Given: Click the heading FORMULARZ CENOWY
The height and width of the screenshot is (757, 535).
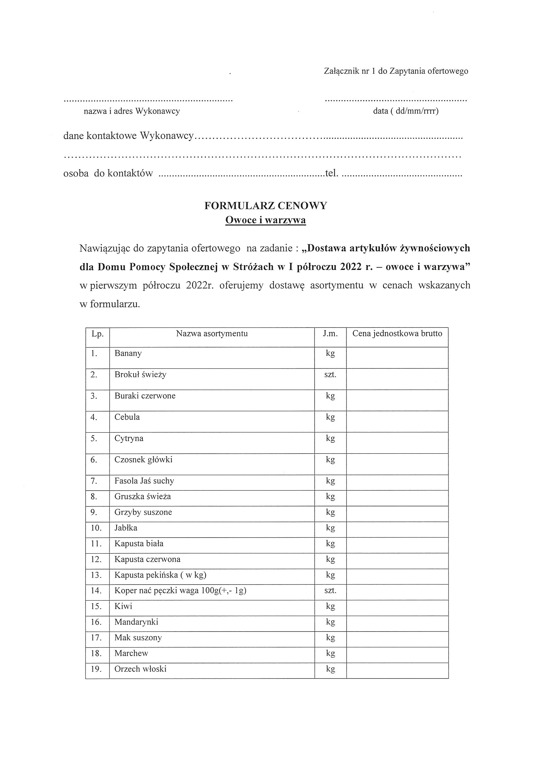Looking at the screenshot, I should pyautogui.click(x=266, y=206).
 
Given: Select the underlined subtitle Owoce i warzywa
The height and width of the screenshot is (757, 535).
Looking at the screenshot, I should pyautogui.click(x=266, y=220).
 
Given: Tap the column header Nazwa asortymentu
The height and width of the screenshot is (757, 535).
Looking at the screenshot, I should pyautogui.click(x=212, y=334).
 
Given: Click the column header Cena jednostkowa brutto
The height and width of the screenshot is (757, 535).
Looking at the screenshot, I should pyautogui.click(x=397, y=334).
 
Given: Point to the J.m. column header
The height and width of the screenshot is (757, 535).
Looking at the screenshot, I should pyautogui.click(x=330, y=334).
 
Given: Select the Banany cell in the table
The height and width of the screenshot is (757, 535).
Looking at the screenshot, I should pyautogui.click(x=128, y=354).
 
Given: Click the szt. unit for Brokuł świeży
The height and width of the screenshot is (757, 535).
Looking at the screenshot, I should pyautogui.click(x=330, y=375).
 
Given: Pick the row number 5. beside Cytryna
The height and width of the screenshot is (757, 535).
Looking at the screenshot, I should pyautogui.click(x=94, y=439).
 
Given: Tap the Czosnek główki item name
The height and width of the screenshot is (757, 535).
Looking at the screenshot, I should pyautogui.click(x=143, y=460).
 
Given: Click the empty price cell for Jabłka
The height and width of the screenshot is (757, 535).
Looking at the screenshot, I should pyautogui.click(x=397, y=528).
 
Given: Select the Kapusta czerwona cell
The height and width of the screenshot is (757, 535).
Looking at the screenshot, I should pyautogui.click(x=147, y=559).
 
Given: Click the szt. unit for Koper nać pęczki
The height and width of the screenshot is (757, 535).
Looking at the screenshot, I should pyautogui.click(x=330, y=590).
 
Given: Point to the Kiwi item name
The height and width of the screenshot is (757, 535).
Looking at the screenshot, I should pyautogui.click(x=123, y=606).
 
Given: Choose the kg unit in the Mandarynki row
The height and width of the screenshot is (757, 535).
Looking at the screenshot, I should pyautogui.click(x=330, y=622).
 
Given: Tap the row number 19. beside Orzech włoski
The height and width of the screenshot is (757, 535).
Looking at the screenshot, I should pyautogui.click(x=96, y=669).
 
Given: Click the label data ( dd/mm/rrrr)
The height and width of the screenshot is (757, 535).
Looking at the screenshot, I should pyautogui.click(x=405, y=111).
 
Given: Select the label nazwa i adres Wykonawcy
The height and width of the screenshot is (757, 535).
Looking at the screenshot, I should pyautogui.click(x=132, y=111).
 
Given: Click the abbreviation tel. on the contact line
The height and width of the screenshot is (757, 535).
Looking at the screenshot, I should pyautogui.click(x=331, y=173).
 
